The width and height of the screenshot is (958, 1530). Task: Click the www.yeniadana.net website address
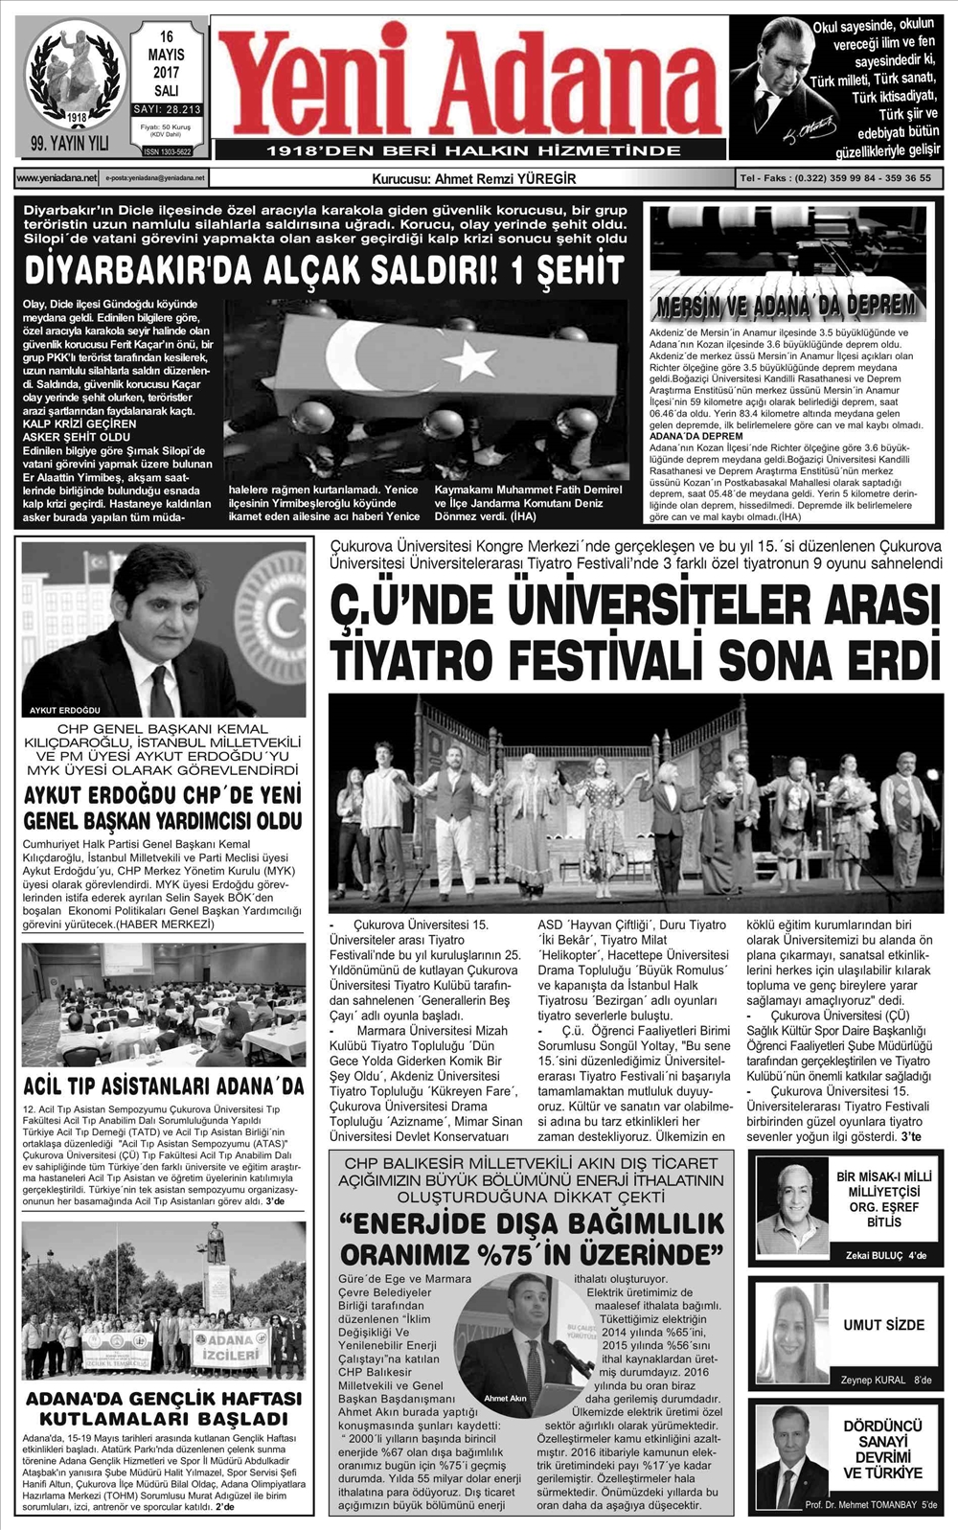(57, 178)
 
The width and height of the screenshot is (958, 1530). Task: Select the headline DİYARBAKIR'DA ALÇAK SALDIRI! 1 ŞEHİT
(324, 272)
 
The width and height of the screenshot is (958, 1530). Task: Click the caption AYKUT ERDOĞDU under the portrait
(65, 710)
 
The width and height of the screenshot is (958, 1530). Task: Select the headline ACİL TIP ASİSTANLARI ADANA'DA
(163, 1086)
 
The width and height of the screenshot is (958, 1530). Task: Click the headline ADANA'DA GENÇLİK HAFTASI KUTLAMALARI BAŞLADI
(163, 1407)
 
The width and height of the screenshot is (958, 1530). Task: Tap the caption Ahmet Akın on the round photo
(505, 1398)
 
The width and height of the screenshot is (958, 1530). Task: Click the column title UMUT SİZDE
(883, 1325)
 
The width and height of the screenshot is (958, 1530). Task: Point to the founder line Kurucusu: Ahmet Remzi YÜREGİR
(473, 178)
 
